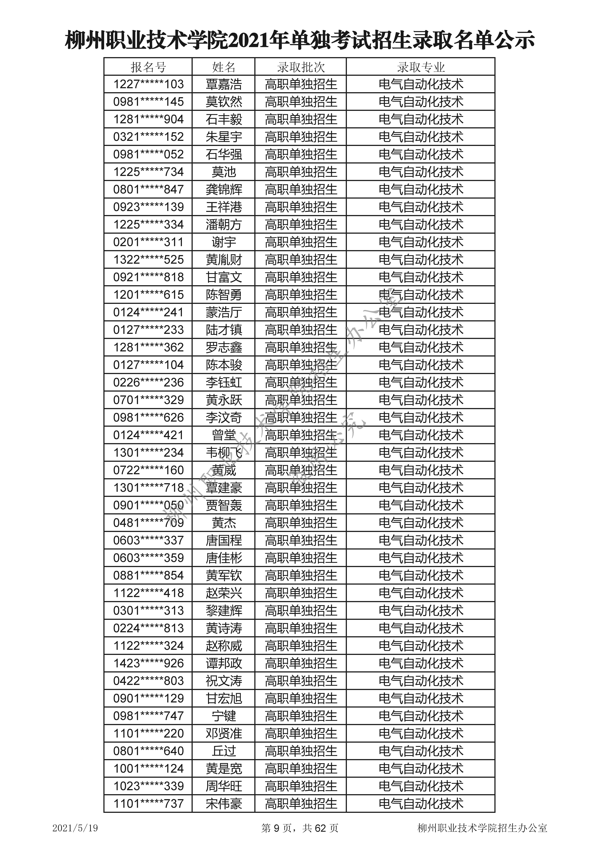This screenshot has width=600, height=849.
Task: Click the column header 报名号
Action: click(x=148, y=67)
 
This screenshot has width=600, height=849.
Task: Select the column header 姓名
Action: click(x=224, y=67)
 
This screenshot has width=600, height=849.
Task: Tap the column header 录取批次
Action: click(x=301, y=67)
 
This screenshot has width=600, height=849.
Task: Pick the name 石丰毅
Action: click(x=224, y=119)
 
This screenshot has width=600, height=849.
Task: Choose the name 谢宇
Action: click(x=224, y=242)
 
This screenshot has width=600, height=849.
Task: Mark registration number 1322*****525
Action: click(x=148, y=260)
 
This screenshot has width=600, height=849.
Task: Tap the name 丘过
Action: click(x=224, y=751)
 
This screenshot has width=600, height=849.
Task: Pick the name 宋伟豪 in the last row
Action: click(x=224, y=804)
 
